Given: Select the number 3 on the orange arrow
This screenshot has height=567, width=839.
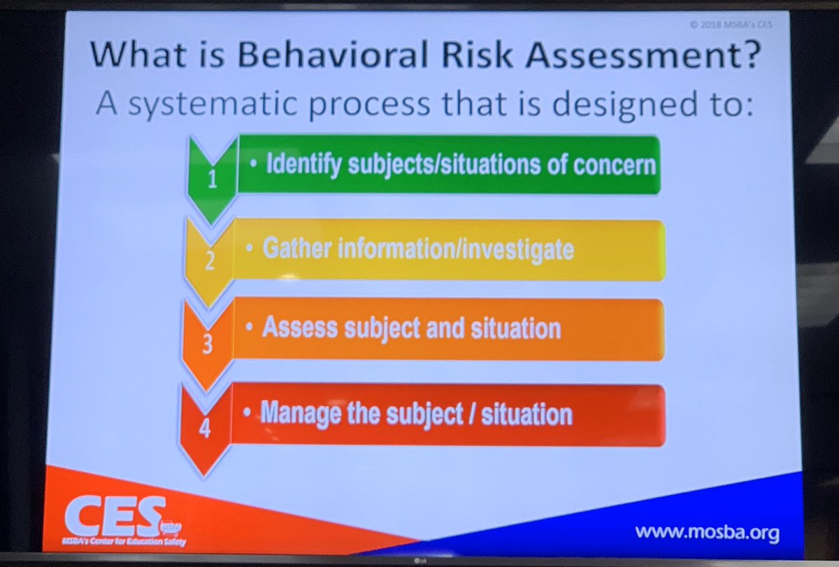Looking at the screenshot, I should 206,344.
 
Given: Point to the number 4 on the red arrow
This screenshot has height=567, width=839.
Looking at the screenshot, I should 205,428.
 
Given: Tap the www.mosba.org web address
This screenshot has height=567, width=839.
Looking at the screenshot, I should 707,532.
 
